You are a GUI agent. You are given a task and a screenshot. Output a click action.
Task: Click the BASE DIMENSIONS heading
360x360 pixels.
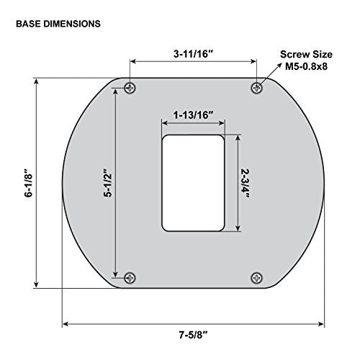point(58,24)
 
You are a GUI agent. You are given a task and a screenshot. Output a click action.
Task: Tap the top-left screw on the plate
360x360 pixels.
point(130,88)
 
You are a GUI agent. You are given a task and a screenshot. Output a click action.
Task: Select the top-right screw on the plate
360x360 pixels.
point(256,88)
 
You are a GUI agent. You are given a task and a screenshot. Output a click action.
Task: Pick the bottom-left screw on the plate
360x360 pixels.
point(130,278)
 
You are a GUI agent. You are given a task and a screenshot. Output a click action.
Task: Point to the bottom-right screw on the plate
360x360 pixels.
point(256,278)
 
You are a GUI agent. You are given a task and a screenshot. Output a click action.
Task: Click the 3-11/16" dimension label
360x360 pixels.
point(194,54)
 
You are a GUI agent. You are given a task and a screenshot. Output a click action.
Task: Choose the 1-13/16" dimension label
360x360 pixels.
point(194,115)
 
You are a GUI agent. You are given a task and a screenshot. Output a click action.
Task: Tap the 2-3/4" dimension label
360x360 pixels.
point(246,183)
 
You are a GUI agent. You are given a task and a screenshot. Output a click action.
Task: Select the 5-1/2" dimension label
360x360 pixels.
point(108,183)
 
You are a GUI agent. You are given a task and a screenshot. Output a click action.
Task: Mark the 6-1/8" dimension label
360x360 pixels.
point(28,183)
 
